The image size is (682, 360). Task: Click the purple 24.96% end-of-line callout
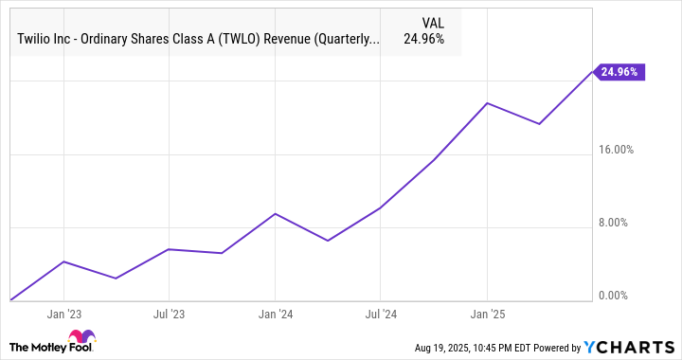click(619, 71)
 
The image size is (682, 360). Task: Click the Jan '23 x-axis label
click(63, 314)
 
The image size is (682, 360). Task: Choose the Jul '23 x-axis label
click(169, 314)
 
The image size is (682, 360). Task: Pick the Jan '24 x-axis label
click(275, 314)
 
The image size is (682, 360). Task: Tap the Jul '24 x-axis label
click(380, 314)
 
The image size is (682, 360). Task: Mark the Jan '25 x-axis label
click(486, 314)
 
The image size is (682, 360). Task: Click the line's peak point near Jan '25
click(487, 102)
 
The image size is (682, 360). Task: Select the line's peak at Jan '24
click(275, 213)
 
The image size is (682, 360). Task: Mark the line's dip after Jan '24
click(328, 241)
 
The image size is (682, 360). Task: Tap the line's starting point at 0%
click(9, 299)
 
